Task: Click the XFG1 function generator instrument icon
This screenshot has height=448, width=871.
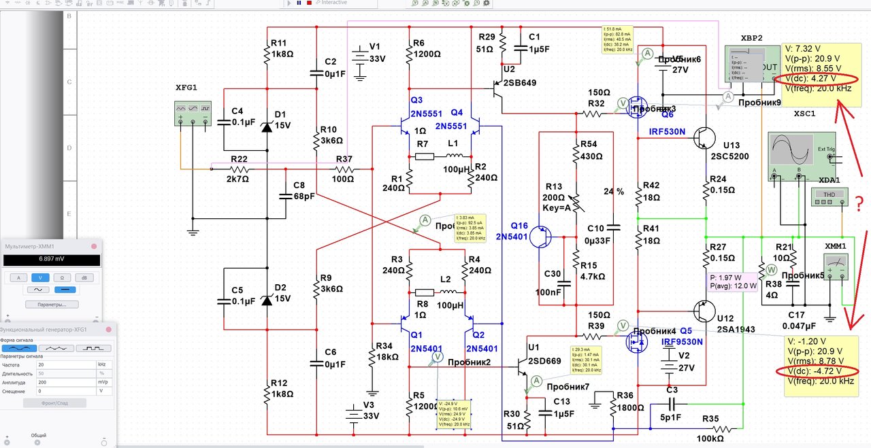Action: pyautogui.click(x=193, y=114)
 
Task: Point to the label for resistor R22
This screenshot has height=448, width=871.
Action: pyautogui.click(x=240, y=158)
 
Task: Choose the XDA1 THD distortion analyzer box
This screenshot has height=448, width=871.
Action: pyautogui.click(x=829, y=196)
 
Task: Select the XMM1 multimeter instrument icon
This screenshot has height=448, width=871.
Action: pyautogui.click(x=837, y=266)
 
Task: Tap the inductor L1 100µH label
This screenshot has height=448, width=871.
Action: pyautogui.click(x=457, y=169)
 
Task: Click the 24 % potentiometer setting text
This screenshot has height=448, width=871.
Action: pyautogui.click(x=614, y=192)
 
